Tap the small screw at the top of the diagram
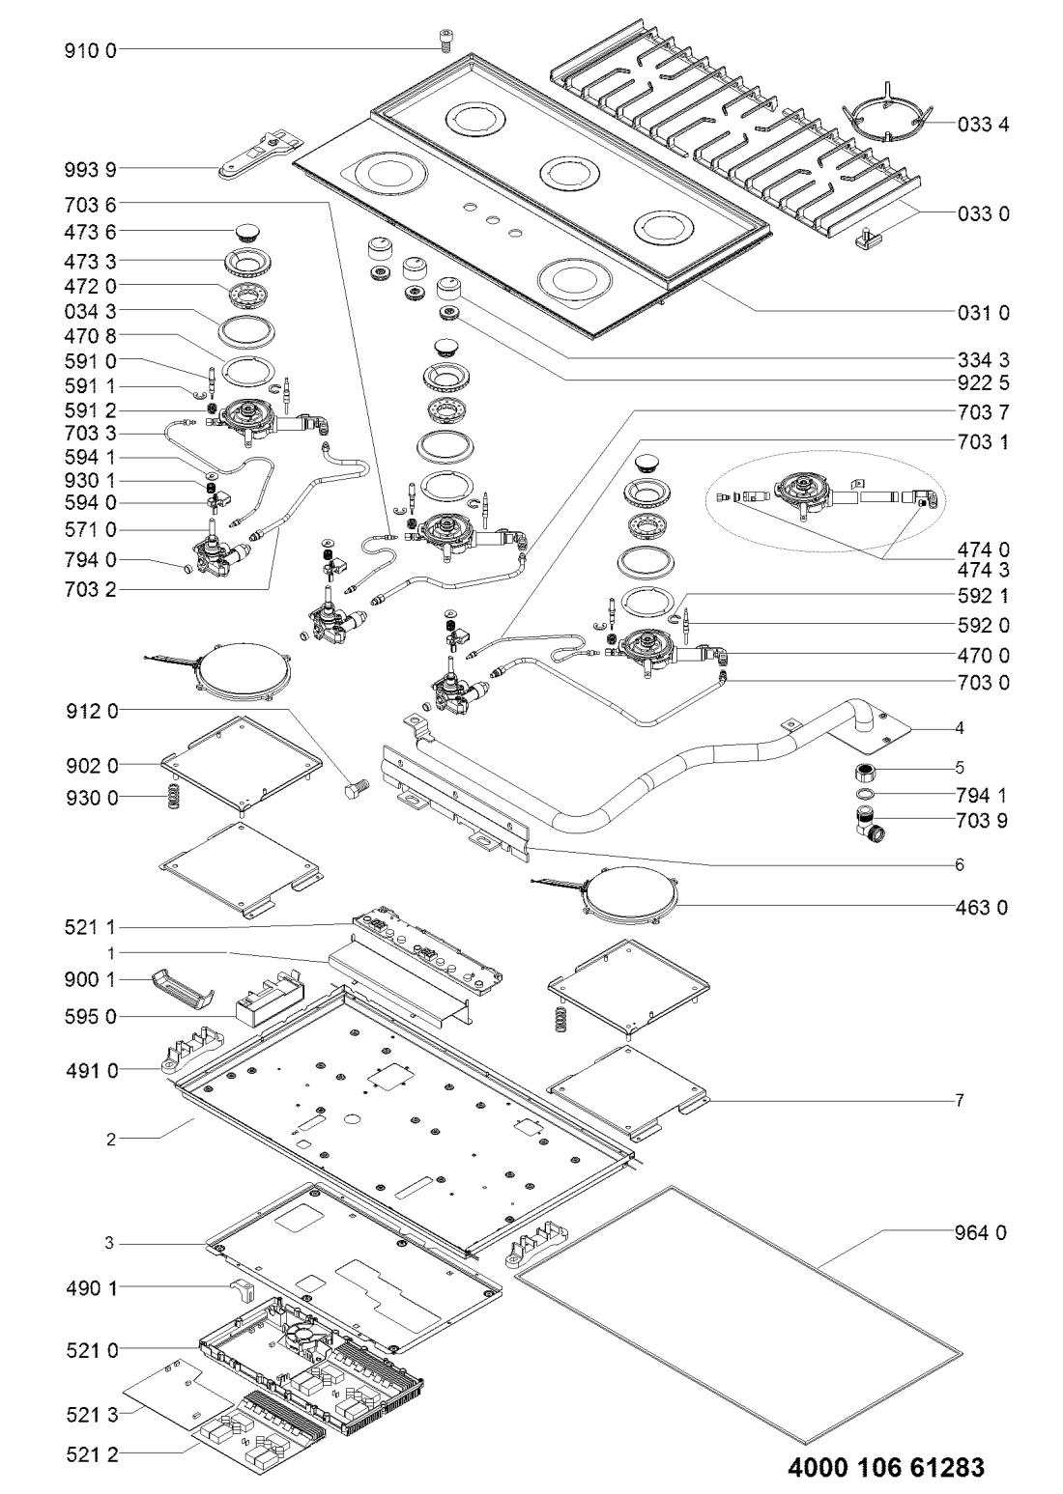pyautogui.click(x=445, y=39)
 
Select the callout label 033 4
pyautogui.click(x=984, y=125)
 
